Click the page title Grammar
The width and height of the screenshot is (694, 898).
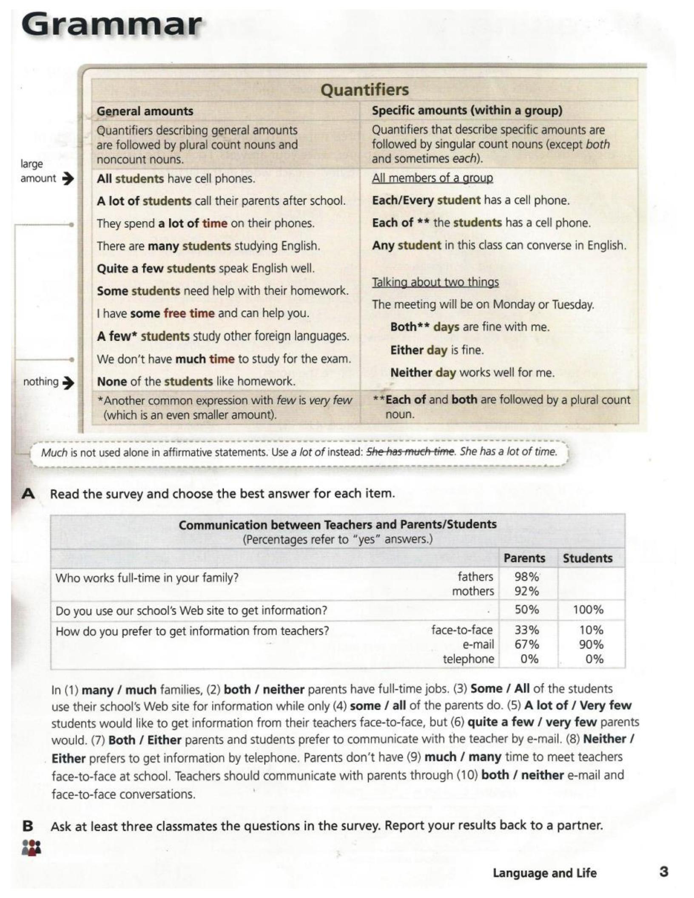111,26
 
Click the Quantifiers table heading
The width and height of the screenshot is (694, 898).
364,90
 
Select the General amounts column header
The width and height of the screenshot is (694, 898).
145,111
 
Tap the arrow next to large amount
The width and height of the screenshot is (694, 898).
68,179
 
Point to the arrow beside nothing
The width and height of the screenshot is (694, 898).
68,383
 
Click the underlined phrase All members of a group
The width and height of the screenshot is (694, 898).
432,178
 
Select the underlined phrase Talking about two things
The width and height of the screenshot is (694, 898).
435,282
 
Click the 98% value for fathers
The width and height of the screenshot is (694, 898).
526,577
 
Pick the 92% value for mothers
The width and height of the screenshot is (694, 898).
526,591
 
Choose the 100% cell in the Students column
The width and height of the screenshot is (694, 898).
588,610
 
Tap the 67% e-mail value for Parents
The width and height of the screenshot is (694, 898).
526,645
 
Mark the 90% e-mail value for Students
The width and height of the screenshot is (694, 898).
591,645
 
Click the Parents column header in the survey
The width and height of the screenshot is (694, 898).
524,558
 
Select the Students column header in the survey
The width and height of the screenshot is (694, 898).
588,558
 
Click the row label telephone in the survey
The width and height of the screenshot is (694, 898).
468,659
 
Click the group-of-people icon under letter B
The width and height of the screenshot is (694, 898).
31,847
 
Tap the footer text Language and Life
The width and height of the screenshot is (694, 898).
545,873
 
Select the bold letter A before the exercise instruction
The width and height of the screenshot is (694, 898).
28,494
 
